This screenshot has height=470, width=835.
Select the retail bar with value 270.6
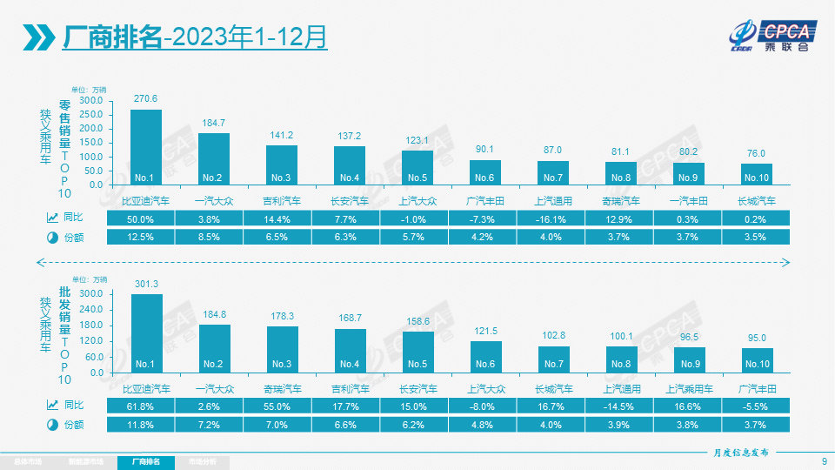click(145, 146)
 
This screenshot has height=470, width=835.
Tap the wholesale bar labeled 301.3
click(145, 332)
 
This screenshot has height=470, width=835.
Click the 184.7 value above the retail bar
click(213, 123)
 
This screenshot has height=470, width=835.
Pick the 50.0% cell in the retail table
click(140, 218)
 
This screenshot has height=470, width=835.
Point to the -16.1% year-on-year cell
click(552, 218)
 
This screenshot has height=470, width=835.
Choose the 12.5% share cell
click(140, 237)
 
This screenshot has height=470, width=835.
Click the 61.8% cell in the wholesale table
click(140, 406)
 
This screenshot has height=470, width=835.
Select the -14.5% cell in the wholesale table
click(621, 406)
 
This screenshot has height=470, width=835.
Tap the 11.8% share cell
click(140, 424)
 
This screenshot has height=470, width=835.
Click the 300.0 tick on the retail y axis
click(91, 101)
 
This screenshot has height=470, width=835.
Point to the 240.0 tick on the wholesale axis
click(91, 310)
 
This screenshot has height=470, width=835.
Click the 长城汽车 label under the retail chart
click(758, 201)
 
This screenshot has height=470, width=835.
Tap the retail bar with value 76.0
click(758, 174)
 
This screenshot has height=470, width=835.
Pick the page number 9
click(823, 461)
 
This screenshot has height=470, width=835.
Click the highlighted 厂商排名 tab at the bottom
click(146, 462)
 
